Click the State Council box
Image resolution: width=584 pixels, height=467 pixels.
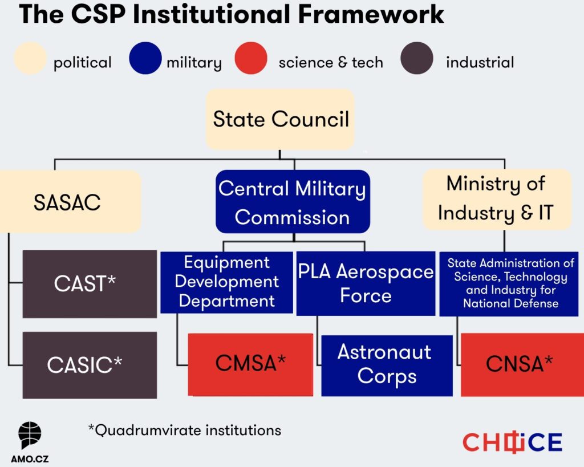280,120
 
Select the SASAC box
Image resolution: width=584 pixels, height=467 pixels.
67,202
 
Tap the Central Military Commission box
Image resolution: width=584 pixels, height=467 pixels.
293,202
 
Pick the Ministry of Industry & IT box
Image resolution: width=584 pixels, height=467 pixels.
496,199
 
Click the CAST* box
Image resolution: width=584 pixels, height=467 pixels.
90,283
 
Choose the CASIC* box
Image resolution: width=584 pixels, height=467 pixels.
90,365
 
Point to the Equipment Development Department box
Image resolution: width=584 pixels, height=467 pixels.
226,282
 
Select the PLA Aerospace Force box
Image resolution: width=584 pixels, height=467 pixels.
366,283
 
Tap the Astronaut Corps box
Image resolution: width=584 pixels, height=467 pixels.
387,365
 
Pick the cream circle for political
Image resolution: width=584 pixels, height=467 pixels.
30,59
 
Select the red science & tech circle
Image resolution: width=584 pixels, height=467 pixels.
251,59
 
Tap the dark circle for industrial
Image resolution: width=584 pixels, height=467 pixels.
416,59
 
